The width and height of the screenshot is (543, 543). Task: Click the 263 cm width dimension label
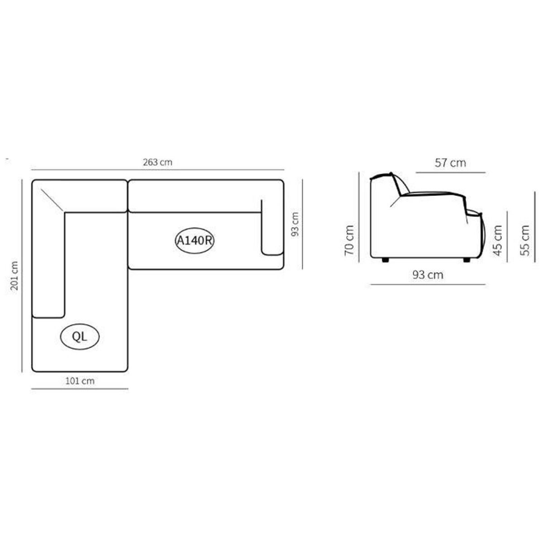tap(157, 162)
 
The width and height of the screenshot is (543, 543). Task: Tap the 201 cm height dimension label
tap(14, 276)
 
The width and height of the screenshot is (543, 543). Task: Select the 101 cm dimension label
tap(80, 381)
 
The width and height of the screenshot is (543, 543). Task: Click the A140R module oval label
tap(195, 241)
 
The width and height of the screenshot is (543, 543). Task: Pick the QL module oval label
tap(80, 337)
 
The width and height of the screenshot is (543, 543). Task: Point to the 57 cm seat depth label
tap(450, 162)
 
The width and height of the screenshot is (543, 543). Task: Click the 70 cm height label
tap(349, 240)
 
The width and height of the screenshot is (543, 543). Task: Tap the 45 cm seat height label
tap(498, 240)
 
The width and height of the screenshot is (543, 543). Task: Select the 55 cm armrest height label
tap(525, 240)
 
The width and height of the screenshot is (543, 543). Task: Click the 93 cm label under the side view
tap(428, 275)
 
